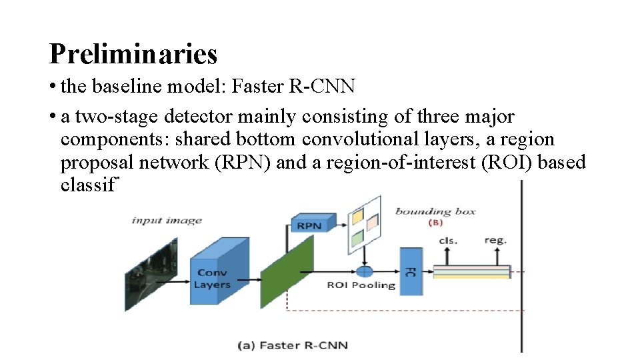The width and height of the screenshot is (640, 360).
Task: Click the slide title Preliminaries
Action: [x=133, y=53]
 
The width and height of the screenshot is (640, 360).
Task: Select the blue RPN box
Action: [x=309, y=225]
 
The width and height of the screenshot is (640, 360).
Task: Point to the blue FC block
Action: [x=411, y=271]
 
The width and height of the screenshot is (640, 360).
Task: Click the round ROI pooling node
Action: [x=365, y=271]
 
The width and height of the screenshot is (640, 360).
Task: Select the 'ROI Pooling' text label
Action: [x=361, y=285]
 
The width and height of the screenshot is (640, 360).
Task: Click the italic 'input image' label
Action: [x=167, y=221]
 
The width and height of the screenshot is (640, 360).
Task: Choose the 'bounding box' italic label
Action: [x=435, y=211]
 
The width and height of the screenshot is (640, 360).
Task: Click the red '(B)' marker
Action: [x=435, y=223]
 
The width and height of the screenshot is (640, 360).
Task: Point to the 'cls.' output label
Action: [x=448, y=241]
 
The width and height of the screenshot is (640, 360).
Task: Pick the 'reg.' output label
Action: [x=495, y=240]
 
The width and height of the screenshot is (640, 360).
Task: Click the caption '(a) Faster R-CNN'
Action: [x=293, y=345]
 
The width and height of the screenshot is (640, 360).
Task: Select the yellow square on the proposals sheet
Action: [x=358, y=216]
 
